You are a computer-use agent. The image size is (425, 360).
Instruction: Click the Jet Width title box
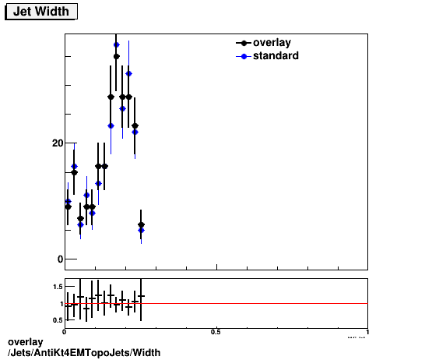[40, 12]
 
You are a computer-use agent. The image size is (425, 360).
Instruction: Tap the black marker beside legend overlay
[244, 43]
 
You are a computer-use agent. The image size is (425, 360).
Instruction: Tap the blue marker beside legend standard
[244, 56]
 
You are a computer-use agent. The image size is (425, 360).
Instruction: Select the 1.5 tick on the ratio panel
[57, 287]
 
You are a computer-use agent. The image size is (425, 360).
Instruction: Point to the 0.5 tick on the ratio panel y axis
[57, 319]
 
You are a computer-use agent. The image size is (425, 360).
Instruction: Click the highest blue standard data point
[117, 44]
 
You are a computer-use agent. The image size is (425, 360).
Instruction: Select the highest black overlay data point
[117, 57]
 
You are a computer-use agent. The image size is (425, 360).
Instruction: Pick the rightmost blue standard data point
[141, 230]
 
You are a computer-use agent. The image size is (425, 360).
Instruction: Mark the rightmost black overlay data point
[141, 225]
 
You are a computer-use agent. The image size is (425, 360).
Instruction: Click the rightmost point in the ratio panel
[141, 296]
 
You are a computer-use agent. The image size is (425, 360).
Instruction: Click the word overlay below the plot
[25, 342]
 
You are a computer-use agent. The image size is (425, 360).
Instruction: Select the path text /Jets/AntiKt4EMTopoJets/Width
[84, 353]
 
